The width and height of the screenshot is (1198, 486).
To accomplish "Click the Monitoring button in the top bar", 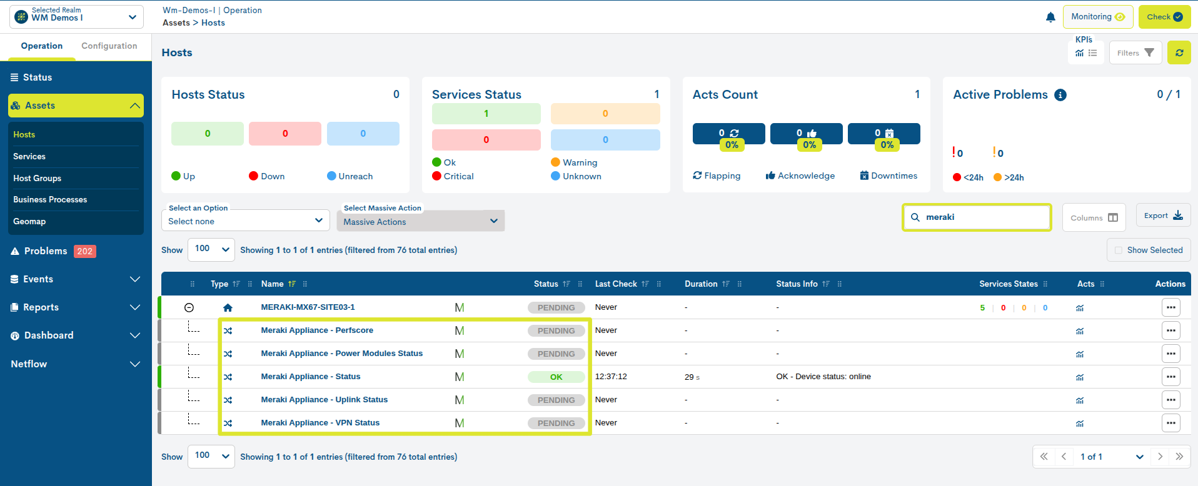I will pyautogui.click(x=1097, y=17).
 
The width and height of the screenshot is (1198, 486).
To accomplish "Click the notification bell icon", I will pyautogui.click(x=1050, y=17).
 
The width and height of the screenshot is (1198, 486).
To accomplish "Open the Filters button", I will pyautogui.click(x=1135, y=53).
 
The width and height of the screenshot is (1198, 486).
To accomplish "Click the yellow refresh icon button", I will pyautogui.click(x=1179, y=53).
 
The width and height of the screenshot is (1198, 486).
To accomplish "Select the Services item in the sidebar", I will pyautogui.click(x=29, y=156).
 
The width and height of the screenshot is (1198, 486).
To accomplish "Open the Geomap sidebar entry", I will pyautogui.click(x=29, y=221).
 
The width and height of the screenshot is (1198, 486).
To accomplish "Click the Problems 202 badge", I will pyautogui.click(x=84, y=251).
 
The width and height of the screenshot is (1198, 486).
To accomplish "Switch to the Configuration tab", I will pyautogui.click(x=109, y=46).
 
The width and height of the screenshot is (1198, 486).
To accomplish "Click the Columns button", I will pyautogui.click(x=1094, y=217).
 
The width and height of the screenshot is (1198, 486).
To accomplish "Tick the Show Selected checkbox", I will pyautogui.click(x=1119, y=250).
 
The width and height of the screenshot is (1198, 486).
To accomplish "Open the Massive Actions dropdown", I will pyautogui.click(x=420, y=221).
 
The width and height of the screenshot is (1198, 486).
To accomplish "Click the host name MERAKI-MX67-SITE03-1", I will pyautogui.click(x=308, y=307).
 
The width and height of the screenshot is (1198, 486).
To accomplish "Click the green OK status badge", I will pyautogui.click(x=556, y=377).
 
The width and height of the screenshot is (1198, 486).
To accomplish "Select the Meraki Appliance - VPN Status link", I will pyautogui.click(x=320, y=423).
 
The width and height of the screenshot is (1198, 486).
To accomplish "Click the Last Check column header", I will pyautogui.click(x=616, y=284).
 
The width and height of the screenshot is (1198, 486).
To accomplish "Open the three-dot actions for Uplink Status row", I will pyautogui.click(x=1170, y=400).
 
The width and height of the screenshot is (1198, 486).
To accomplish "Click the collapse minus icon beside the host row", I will pyautogui.click(x=189, y=307).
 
